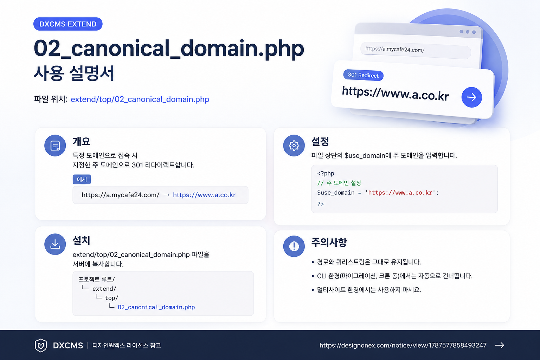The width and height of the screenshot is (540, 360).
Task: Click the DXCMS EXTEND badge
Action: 68,24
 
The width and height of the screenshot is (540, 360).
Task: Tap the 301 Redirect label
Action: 363,75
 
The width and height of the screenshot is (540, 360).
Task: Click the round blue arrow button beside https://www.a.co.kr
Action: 471,97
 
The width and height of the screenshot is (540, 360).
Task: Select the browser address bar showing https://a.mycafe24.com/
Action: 415,50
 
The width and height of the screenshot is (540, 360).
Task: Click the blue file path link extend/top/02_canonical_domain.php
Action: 140,99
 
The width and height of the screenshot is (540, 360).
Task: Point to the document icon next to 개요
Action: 55,146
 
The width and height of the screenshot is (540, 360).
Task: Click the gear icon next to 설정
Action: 294,146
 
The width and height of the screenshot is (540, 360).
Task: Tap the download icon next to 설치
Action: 55,244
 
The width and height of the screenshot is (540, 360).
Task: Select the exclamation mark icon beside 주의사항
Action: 294,246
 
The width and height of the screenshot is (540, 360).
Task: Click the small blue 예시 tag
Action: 82,179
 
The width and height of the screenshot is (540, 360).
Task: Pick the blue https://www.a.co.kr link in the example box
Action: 204,195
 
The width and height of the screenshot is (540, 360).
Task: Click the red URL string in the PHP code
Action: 400,193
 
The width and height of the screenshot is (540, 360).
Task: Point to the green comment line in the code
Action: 339,183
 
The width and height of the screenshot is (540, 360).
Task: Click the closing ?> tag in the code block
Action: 320,204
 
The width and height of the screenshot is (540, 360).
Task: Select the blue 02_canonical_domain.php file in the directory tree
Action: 156,307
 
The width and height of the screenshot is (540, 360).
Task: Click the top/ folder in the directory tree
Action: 111,298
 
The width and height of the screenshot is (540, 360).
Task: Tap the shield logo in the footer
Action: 41,345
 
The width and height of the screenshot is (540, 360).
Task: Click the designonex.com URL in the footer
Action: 403,345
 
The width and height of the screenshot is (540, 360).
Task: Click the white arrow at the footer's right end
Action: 500,345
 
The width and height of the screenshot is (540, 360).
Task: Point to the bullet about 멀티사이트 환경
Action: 366,290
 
